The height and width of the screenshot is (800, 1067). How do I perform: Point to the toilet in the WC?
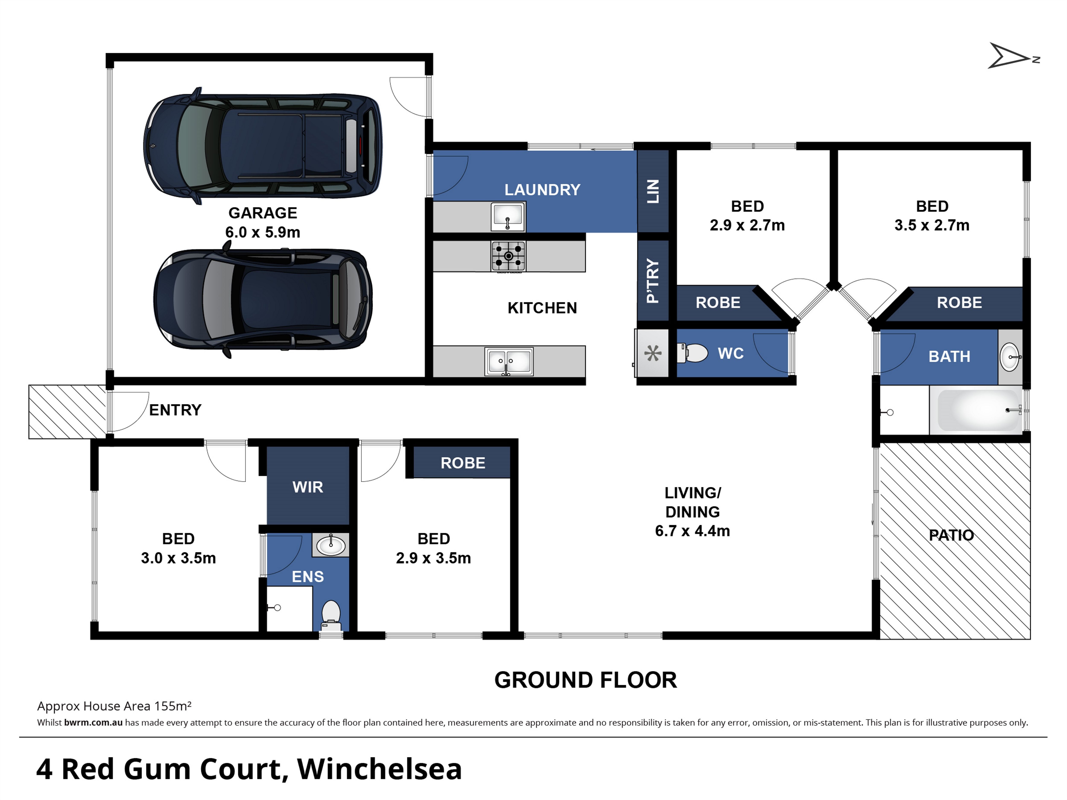[x=692, y=353]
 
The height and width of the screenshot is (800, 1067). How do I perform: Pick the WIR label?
[x=308, y=487]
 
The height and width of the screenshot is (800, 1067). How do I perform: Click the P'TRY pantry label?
[x=653, y=281]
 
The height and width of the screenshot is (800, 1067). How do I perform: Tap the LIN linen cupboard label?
[x=653, y=191]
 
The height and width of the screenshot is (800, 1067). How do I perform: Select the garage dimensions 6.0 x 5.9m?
[x=263, y=232]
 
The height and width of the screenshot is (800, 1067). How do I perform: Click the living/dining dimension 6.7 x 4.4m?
[x=693, y=531]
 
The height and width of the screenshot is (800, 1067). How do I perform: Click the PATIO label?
[x=951, y=535]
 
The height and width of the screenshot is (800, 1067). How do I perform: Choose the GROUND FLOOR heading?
[x=586, y=680]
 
